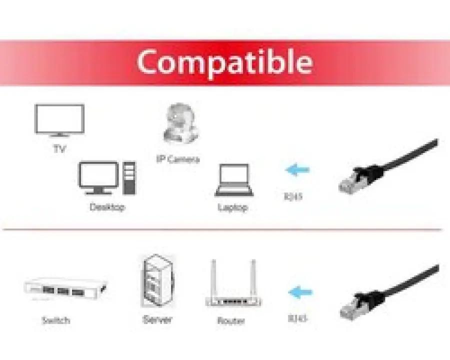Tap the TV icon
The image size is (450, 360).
59,120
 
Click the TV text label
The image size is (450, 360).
59,148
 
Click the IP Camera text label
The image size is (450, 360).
178,159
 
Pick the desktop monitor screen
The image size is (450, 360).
98,175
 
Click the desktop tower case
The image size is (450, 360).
129,178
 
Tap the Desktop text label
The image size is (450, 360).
107,207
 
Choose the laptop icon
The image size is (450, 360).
233,180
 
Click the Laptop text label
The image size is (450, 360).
232,207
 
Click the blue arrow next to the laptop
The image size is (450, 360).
297,169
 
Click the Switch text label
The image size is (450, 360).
55,320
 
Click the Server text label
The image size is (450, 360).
157,319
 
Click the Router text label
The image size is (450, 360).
231,320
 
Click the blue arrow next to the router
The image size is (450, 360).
300,292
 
